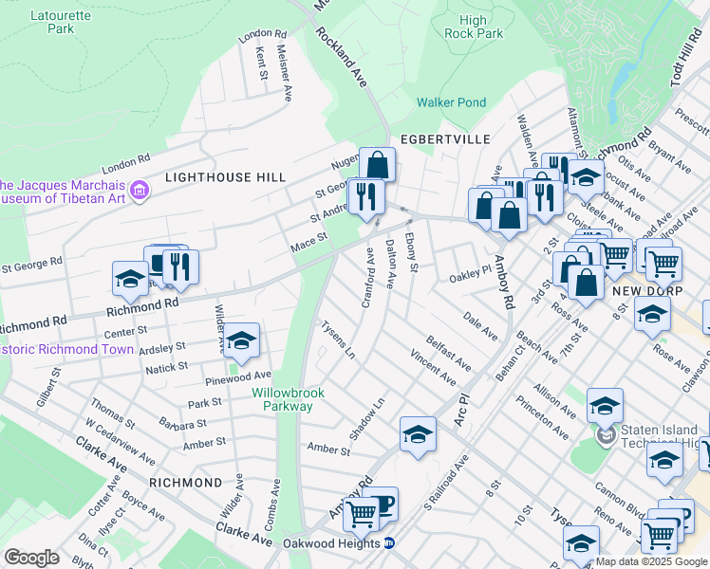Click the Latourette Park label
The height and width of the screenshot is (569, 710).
[x=51, y=22]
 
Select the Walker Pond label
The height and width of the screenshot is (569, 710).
[x=451, y=102]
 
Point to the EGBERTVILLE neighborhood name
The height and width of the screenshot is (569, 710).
[x=445, y=139]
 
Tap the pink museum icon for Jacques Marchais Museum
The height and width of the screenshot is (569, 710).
[x=140, y=192]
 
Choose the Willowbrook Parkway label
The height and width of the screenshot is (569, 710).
[x=282, y=399]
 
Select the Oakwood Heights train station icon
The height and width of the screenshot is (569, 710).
[x=388, y=543]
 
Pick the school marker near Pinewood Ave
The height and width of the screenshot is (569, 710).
[x=242, y=340]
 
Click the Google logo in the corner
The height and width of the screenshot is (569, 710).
[x=30, y=557]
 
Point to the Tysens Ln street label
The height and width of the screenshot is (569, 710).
[x=337, y=339]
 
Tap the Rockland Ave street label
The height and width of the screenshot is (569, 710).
[x=343, y=57]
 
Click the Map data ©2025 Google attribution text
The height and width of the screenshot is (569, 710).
[x=652, y=561]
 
